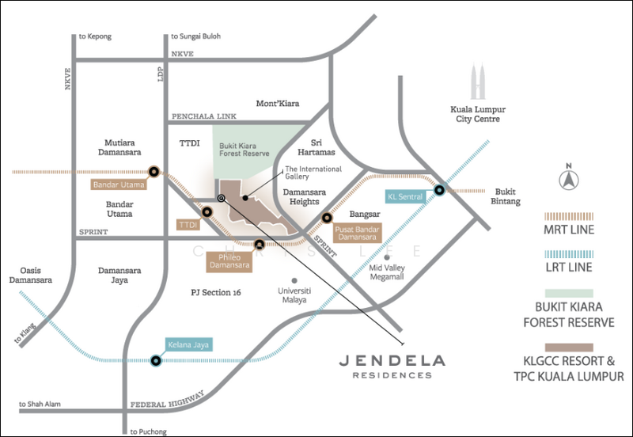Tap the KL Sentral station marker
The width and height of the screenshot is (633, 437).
[438, 191]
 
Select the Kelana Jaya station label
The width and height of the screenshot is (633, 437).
[189, 344]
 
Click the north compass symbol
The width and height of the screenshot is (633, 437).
[567, 180]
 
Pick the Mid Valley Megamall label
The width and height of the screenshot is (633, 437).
[388, 273]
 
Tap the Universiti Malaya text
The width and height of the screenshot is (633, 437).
[294, 295]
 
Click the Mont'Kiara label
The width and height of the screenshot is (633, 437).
[277, 104]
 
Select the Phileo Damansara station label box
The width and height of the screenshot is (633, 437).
[229, 260]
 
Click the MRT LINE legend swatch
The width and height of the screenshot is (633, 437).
[568, 215]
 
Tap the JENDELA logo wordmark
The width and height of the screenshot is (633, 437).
[392, 360]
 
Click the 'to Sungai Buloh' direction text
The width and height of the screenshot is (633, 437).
[195, 36]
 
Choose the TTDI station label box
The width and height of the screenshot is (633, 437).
[188, 225]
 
